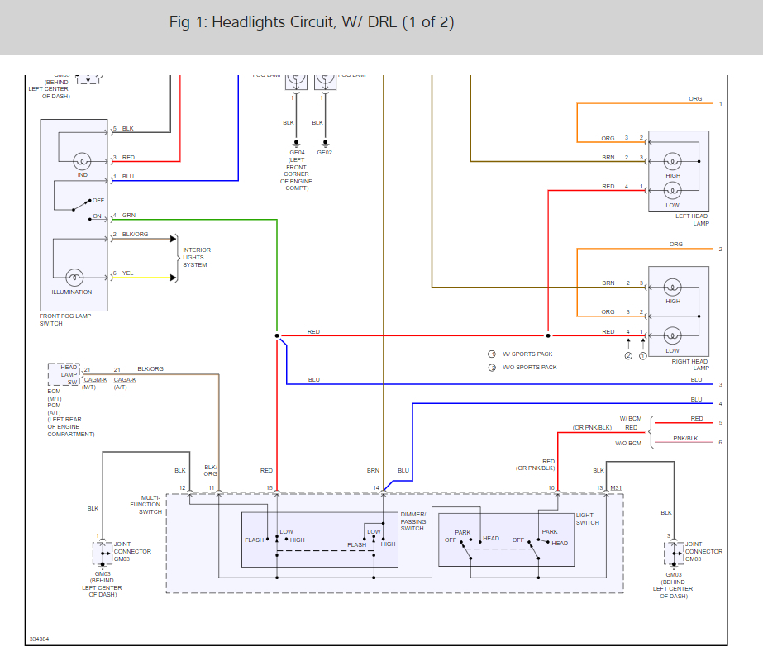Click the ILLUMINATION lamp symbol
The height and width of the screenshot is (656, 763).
point(74,277)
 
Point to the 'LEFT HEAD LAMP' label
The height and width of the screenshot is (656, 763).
point(692,220)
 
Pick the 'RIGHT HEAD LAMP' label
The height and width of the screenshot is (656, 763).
point(689,364)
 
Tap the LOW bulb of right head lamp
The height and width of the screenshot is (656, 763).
point(673,335)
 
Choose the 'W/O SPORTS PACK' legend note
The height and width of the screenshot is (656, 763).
point(530,367)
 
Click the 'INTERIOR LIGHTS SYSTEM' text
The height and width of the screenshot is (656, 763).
point(196,257)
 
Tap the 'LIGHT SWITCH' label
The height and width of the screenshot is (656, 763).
point(588,518)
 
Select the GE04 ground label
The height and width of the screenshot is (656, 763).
point(295,152)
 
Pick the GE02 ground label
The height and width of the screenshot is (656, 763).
point(323,152)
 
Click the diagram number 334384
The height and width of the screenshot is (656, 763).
point(39,639)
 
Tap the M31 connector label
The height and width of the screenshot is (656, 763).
point(616,488)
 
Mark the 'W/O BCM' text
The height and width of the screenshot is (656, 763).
point(628,444)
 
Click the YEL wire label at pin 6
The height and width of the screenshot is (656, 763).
point(128,273)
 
